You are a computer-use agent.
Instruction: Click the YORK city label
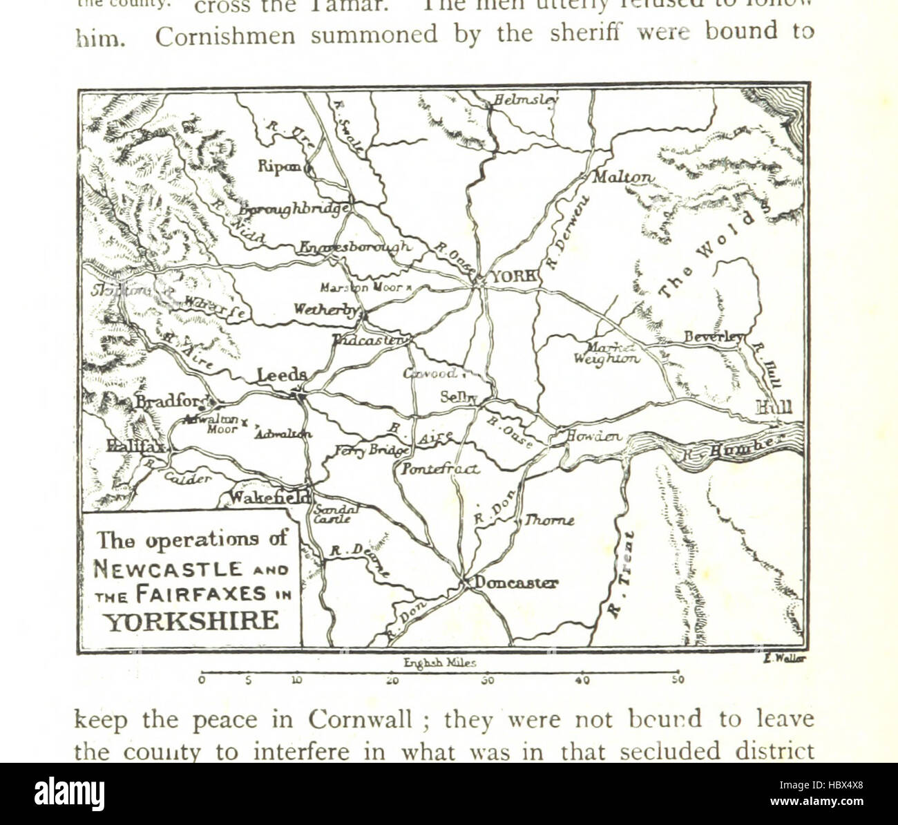coord(513,276)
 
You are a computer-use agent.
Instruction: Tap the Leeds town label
coord(282,375)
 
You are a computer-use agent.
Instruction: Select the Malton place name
coord(622,178)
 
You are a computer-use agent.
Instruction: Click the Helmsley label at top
coord(526,100)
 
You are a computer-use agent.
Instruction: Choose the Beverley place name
coord(714,337)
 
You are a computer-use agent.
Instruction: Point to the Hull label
coord(774,408)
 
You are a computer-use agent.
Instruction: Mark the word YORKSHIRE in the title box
coord(191,620)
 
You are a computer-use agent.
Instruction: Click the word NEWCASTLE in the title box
coord(168,569)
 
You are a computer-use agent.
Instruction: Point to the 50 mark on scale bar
coord(678,680)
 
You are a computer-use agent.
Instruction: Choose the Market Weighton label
coord(606,353)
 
